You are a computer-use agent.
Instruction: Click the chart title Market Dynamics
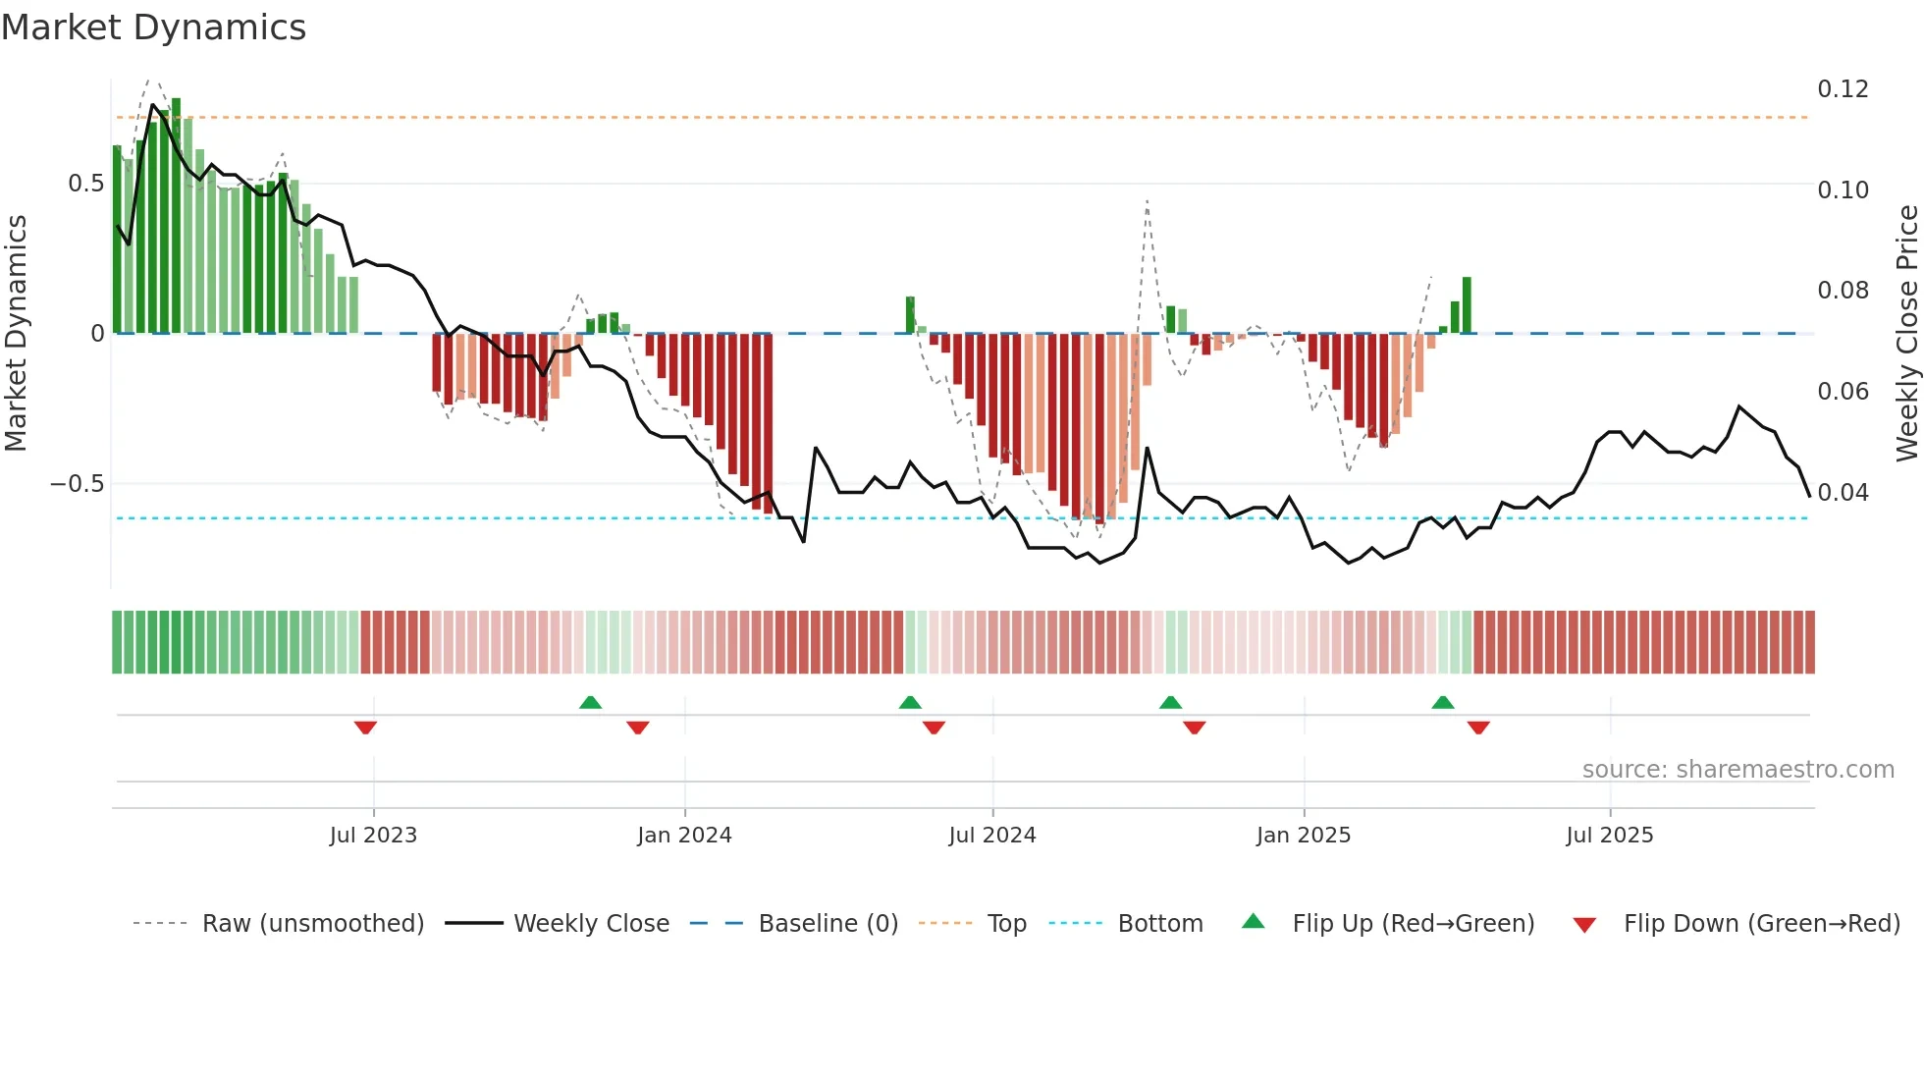coord(154,27)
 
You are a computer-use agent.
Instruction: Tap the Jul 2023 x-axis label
coord(373,836)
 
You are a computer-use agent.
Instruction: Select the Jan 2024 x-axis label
coord(684,836)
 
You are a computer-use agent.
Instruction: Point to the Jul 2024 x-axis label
coord(992,836)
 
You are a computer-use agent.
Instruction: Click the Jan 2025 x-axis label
coord(1304,836)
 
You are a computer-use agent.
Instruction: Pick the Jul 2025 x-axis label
coord(1610,836)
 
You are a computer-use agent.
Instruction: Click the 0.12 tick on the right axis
coord(1843,89)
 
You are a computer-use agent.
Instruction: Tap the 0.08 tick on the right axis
coord(1843,291)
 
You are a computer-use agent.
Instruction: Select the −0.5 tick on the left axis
coord(77,484)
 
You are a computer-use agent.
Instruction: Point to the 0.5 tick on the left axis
coord(86,184)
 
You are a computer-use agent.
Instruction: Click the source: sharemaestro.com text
coord(1737,770)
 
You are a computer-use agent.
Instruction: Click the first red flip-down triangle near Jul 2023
coord(365,728)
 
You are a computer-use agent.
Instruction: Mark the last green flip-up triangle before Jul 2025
coord(1442,702)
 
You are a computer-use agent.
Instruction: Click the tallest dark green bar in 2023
coord(176,216)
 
